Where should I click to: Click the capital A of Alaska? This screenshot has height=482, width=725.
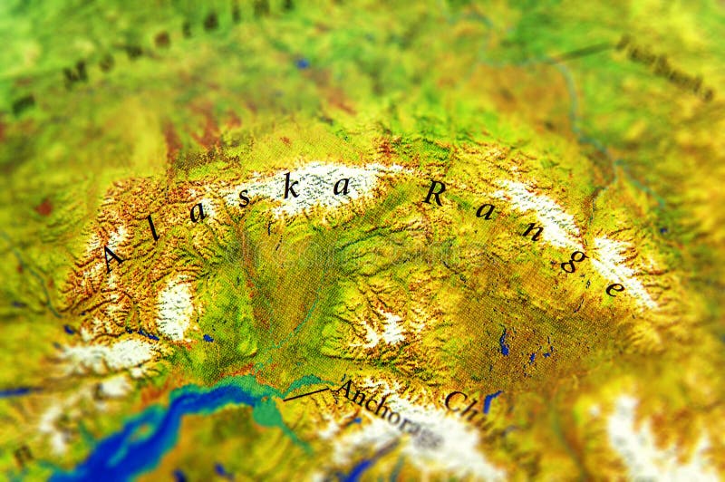(113, 258)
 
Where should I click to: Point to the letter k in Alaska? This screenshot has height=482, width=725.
(290, 188)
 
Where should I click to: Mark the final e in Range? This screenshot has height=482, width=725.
(614, 289)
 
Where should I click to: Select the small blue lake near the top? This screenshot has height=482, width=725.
(302, 63)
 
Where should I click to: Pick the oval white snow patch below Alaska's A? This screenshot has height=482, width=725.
(174, 308)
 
